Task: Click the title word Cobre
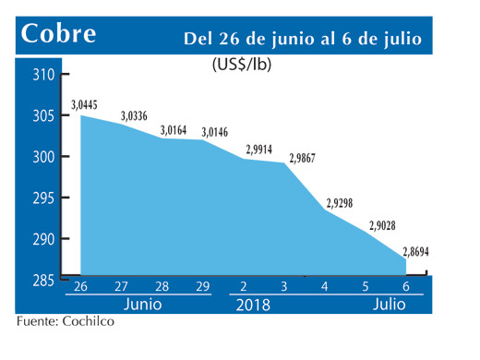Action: tap(59, 33)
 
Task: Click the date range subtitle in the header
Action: tap(303, 38)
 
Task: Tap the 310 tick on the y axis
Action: tap(43, 75)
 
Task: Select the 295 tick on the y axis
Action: tap(43, 198)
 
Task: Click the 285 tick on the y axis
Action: tap(43, 280)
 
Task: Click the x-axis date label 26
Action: tap(81, 286)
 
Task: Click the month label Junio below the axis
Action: tap(141, 303)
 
